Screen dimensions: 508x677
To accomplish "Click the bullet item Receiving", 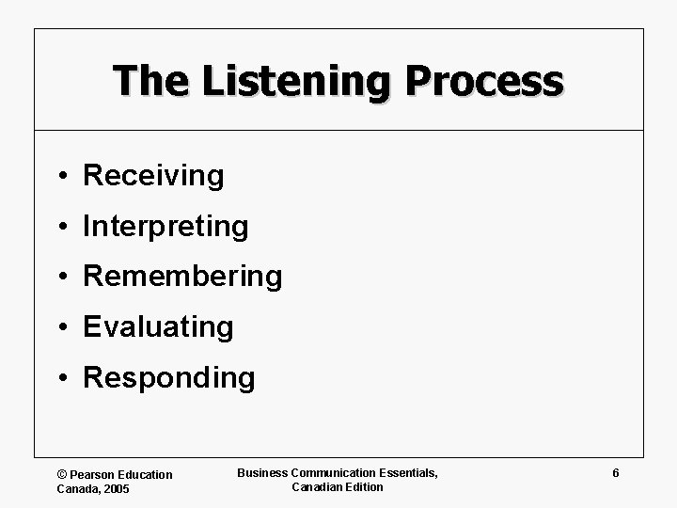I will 153,176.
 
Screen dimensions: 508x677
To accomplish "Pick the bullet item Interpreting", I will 165,227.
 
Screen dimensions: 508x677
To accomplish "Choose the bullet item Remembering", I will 182,277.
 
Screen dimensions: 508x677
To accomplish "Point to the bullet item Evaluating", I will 158,327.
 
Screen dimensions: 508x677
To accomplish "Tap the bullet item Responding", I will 169,377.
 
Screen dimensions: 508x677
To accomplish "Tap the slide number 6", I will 615,473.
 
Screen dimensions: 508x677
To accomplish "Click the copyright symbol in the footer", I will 62,475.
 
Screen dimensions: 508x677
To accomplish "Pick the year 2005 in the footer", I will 118,488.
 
